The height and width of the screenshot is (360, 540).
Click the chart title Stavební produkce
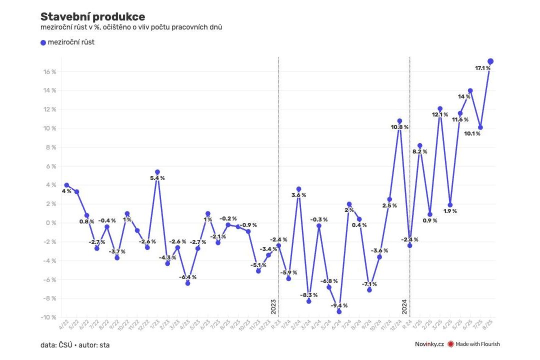tap(92, 17)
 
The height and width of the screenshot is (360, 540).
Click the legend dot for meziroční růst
tap(43, 42)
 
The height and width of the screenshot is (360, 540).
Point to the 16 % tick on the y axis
tap(49, 72)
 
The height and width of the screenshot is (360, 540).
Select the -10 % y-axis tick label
tap(48, 317)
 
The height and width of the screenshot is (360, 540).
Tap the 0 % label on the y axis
tap(50, 223)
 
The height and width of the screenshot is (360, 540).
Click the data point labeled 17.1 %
tap(490, 61)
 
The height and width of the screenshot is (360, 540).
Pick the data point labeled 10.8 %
tap(399, 121)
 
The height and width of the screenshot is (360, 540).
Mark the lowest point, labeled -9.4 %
tap(339, 311)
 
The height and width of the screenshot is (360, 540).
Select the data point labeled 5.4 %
tap(157, 172)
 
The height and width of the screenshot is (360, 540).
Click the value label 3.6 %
tap(298, 195)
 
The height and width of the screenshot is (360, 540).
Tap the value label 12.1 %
tap(440, 114)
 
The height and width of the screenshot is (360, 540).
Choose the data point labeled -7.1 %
tap(369, 290)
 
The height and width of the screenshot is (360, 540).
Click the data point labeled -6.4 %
tap(187, 283)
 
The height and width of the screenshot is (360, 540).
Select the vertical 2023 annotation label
tap(273, 306)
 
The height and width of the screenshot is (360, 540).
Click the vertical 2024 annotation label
tap(404, 306)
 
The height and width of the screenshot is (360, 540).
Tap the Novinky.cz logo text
tap(429, 344)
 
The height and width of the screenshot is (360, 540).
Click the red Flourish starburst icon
tap(450, 344)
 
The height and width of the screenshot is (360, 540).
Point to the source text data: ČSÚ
tap(55, 344)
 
